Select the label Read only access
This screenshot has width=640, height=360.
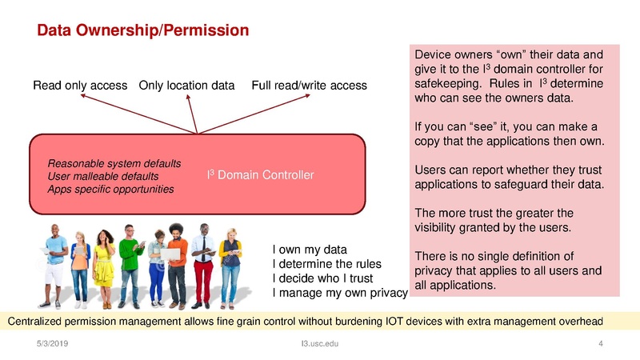point(80,85)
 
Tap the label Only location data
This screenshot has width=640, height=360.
point(186,85)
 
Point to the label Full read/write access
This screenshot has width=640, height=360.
point(309,85)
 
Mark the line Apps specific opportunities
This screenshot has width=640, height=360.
point(111,189)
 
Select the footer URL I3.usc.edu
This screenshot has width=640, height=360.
point(315,345)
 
